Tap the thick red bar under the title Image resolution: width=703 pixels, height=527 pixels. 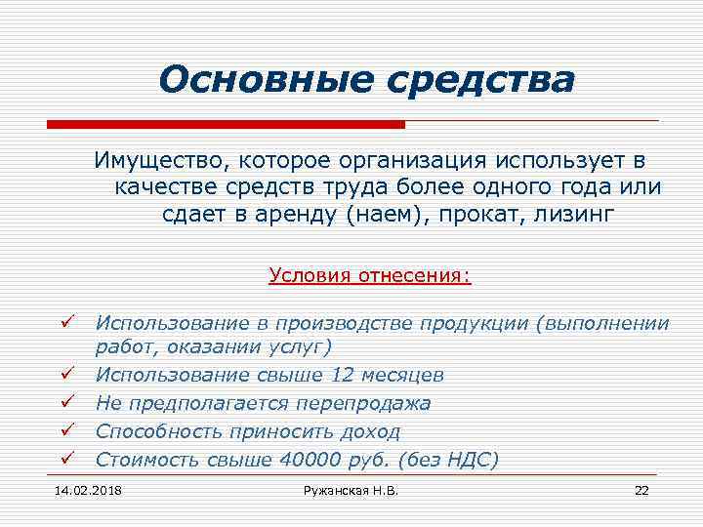click(x=226, y=125)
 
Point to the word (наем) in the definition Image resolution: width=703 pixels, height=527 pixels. click(x=388, y=214)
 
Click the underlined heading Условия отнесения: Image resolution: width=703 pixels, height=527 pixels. click(x=370, y=276)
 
